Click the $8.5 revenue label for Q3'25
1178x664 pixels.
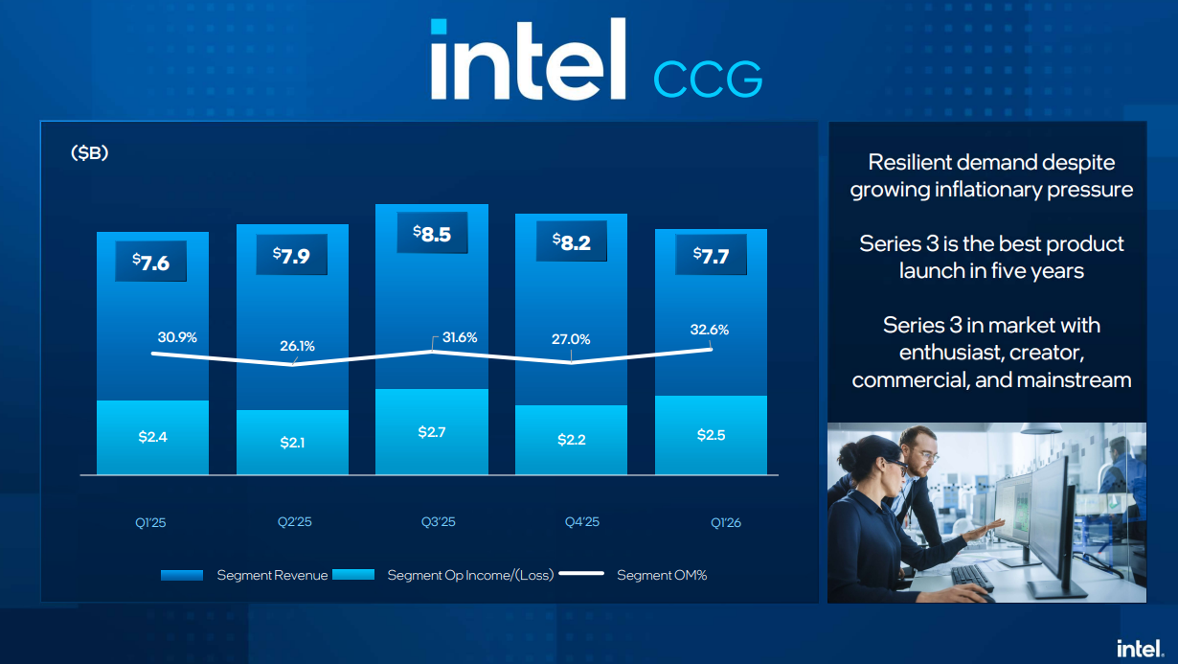click(x=432, y=233)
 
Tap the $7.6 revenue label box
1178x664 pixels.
click(x=151, y=262)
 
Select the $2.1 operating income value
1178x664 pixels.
click(x=292, y=443)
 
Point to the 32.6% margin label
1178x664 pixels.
click(x=710, y=330)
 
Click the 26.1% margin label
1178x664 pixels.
click(x=297, y=346)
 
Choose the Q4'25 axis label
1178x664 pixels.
click(x=581, y=522)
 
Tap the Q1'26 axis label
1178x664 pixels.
click(x=726, y=522)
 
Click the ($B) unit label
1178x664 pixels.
click(x=89, y=153)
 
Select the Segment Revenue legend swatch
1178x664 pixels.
click(x=182, y=575)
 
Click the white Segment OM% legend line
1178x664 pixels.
click(x=581, y=574)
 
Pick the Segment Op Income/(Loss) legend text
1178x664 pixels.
click(x=470, y=575)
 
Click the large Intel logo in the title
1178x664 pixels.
click(x=529, y=59)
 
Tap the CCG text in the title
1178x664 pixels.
click(x=708, y=79)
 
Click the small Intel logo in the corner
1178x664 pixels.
click(x=1140, y=649)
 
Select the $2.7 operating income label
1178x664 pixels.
click(x=432, y=432)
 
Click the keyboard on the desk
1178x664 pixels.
click(x=972, y=577)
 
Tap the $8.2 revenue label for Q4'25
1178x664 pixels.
click(x=572, y=242)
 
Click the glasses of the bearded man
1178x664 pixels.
click(x=927, y=454)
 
